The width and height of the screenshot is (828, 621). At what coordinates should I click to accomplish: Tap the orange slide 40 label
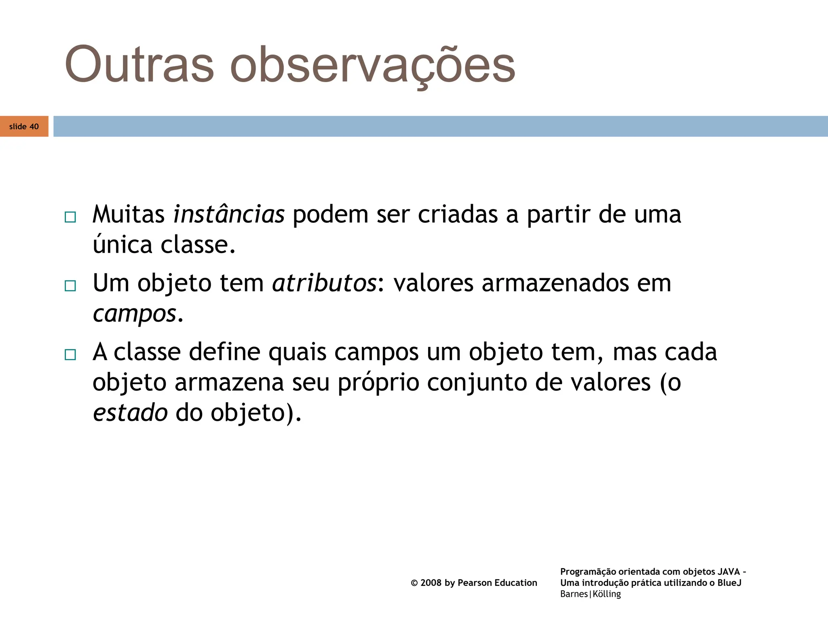[x=24, y=127]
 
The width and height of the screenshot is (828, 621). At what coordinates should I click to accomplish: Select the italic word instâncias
[x=229, y=214]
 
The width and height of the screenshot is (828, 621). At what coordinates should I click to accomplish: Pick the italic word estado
[x=130, y=413]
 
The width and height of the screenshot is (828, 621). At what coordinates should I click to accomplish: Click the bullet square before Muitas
[x=70, y=217]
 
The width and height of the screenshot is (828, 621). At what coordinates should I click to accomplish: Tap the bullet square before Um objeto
[x=70, y=286]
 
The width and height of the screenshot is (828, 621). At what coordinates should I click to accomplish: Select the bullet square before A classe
[x=70, y=355]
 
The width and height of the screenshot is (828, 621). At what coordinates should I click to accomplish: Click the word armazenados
[x=555, y=283]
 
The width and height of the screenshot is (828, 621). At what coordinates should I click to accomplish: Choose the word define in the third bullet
[x=224, y=352]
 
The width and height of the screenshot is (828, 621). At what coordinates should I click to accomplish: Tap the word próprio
[x=378, y=382]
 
